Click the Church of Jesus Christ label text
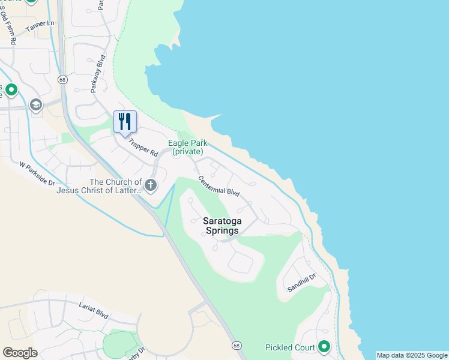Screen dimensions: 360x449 point(99,186)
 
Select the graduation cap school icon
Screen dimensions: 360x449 point(36,106)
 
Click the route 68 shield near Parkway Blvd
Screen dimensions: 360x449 point(62,80)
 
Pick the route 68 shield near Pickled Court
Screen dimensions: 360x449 point(237,346)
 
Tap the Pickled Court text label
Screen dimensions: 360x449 point(291,347)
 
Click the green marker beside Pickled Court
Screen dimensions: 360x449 point(324,346)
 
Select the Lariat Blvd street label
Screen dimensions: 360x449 point(93,309)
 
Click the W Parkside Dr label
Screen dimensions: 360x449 point(37,173)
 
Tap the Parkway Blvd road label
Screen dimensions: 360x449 point(97,74)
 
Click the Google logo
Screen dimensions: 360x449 point(20,353)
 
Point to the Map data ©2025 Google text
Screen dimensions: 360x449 point(412,355)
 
